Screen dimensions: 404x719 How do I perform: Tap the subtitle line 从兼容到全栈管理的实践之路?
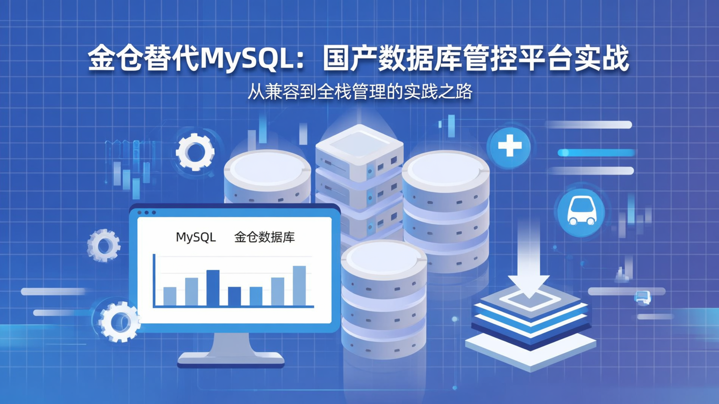(x=359, y=92)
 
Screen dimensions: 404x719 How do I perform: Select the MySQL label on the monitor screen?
(x=196, y=237)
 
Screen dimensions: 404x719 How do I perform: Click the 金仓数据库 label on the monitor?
(x=265, y=237)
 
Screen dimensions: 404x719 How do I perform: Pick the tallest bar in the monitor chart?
(x=299, y=285)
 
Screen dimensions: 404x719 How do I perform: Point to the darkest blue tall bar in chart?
(x=213, y=287)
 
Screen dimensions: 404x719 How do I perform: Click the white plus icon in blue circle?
(x=510, y=147)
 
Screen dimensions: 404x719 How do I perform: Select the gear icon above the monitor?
(x=195, y=152)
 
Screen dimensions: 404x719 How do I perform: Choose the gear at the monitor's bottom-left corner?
(x=119, y=322)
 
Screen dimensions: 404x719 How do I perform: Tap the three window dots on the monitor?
(x=146, y=212)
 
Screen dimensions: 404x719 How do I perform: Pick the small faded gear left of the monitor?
(x=104, y=245)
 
